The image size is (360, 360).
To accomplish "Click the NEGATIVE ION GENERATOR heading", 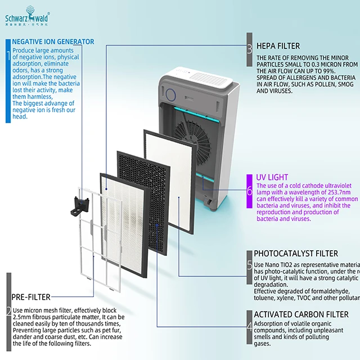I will point(53,42).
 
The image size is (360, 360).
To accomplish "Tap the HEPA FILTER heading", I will point(278,46).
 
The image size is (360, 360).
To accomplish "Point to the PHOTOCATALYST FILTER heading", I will point(296,254).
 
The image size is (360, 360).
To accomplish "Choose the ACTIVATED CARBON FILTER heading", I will point(301,314).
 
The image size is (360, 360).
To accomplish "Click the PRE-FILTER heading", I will point(31,296).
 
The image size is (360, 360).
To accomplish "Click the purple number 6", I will point(249,190).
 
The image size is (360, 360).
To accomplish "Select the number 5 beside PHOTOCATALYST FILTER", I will point(249,265).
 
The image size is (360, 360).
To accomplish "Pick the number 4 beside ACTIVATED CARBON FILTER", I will point(249,326).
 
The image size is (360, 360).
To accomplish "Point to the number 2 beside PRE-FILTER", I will point(8,311).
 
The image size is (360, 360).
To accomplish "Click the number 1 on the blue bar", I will point(8,55).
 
